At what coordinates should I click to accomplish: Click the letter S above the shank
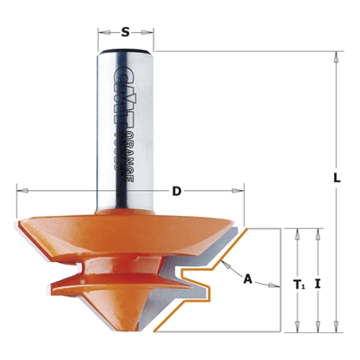click(x=126, y=32)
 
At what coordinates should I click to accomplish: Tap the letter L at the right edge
click(x=336, y=176)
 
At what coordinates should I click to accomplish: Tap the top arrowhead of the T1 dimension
click(x=298, y=232)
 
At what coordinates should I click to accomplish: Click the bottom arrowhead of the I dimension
click(x=319, y=329)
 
